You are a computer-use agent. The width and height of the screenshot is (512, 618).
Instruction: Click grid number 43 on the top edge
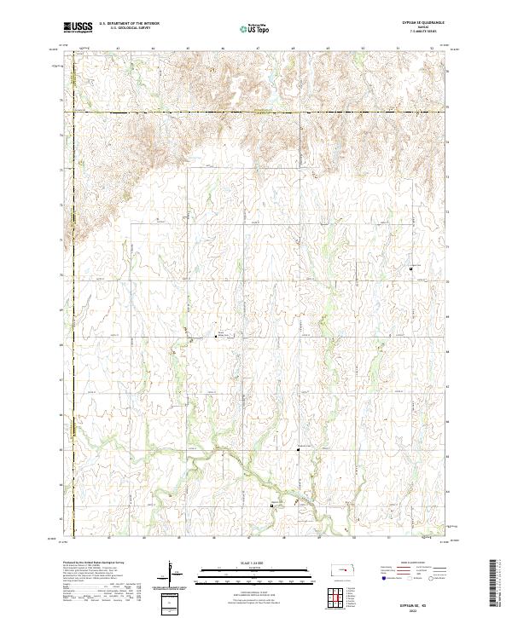point(117,49)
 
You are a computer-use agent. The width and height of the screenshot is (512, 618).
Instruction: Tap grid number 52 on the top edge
point(433,49)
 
